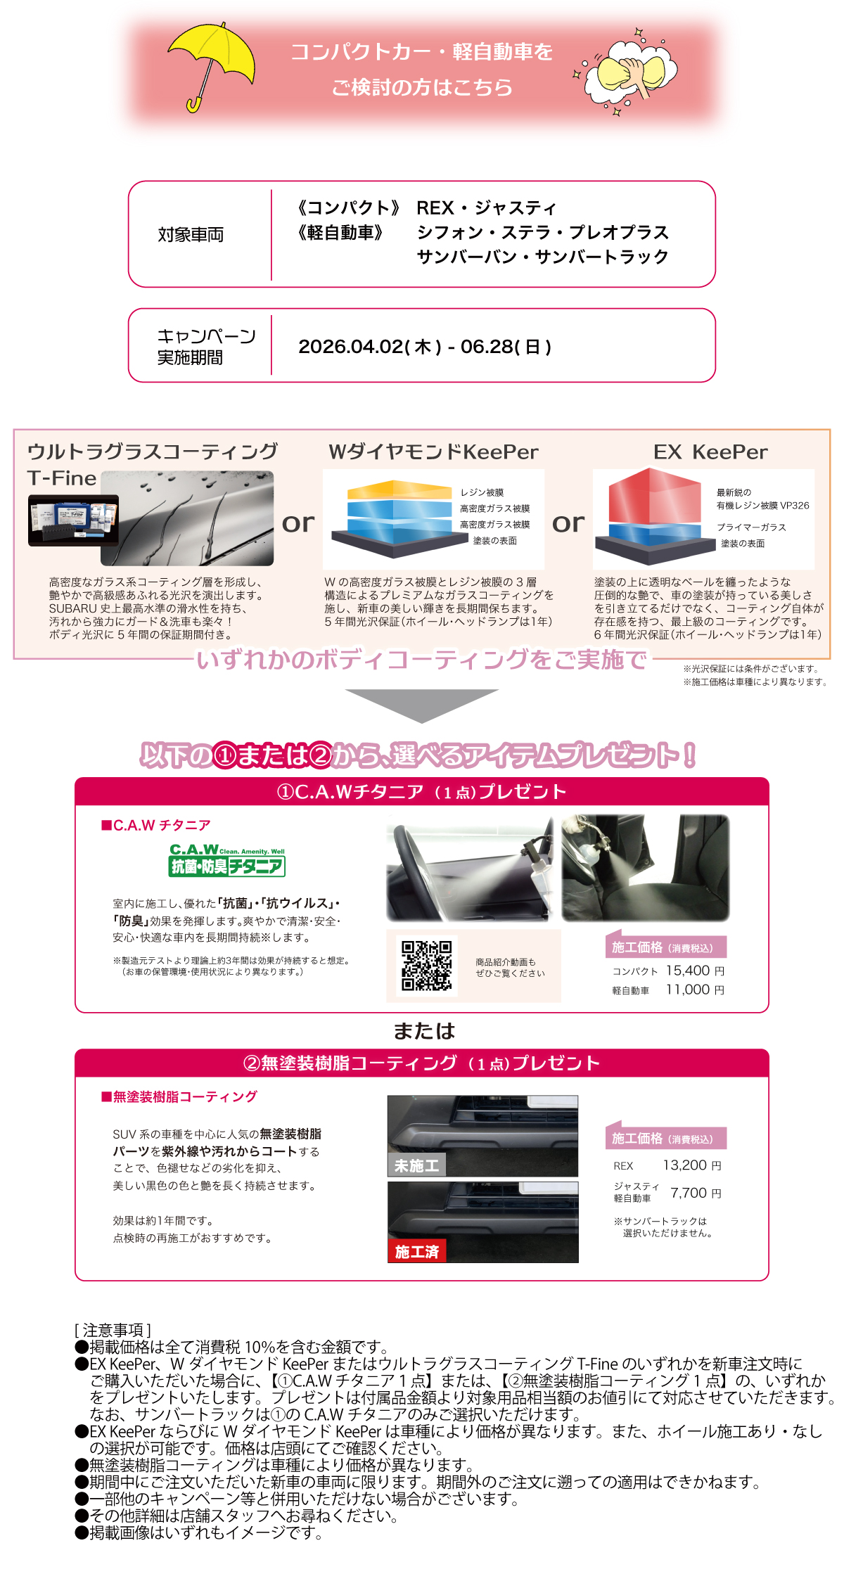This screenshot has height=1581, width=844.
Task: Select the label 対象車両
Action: [191, 235]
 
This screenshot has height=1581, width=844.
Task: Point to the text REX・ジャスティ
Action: [486, 208]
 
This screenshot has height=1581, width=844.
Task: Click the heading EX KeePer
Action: [710, 452]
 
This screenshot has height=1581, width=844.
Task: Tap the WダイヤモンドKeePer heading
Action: [433, 452]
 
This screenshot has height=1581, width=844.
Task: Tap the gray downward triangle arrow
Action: [421, 704]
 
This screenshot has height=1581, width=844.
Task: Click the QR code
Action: [426, 966]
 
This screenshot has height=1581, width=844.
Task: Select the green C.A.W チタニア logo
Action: [226, 859]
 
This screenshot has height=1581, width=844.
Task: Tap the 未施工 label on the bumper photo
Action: [416, 1165]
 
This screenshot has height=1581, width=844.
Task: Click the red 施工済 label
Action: [416, 1251]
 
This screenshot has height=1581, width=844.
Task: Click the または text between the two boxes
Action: [424, 1031]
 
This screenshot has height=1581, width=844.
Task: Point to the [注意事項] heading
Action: [113, 1330]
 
